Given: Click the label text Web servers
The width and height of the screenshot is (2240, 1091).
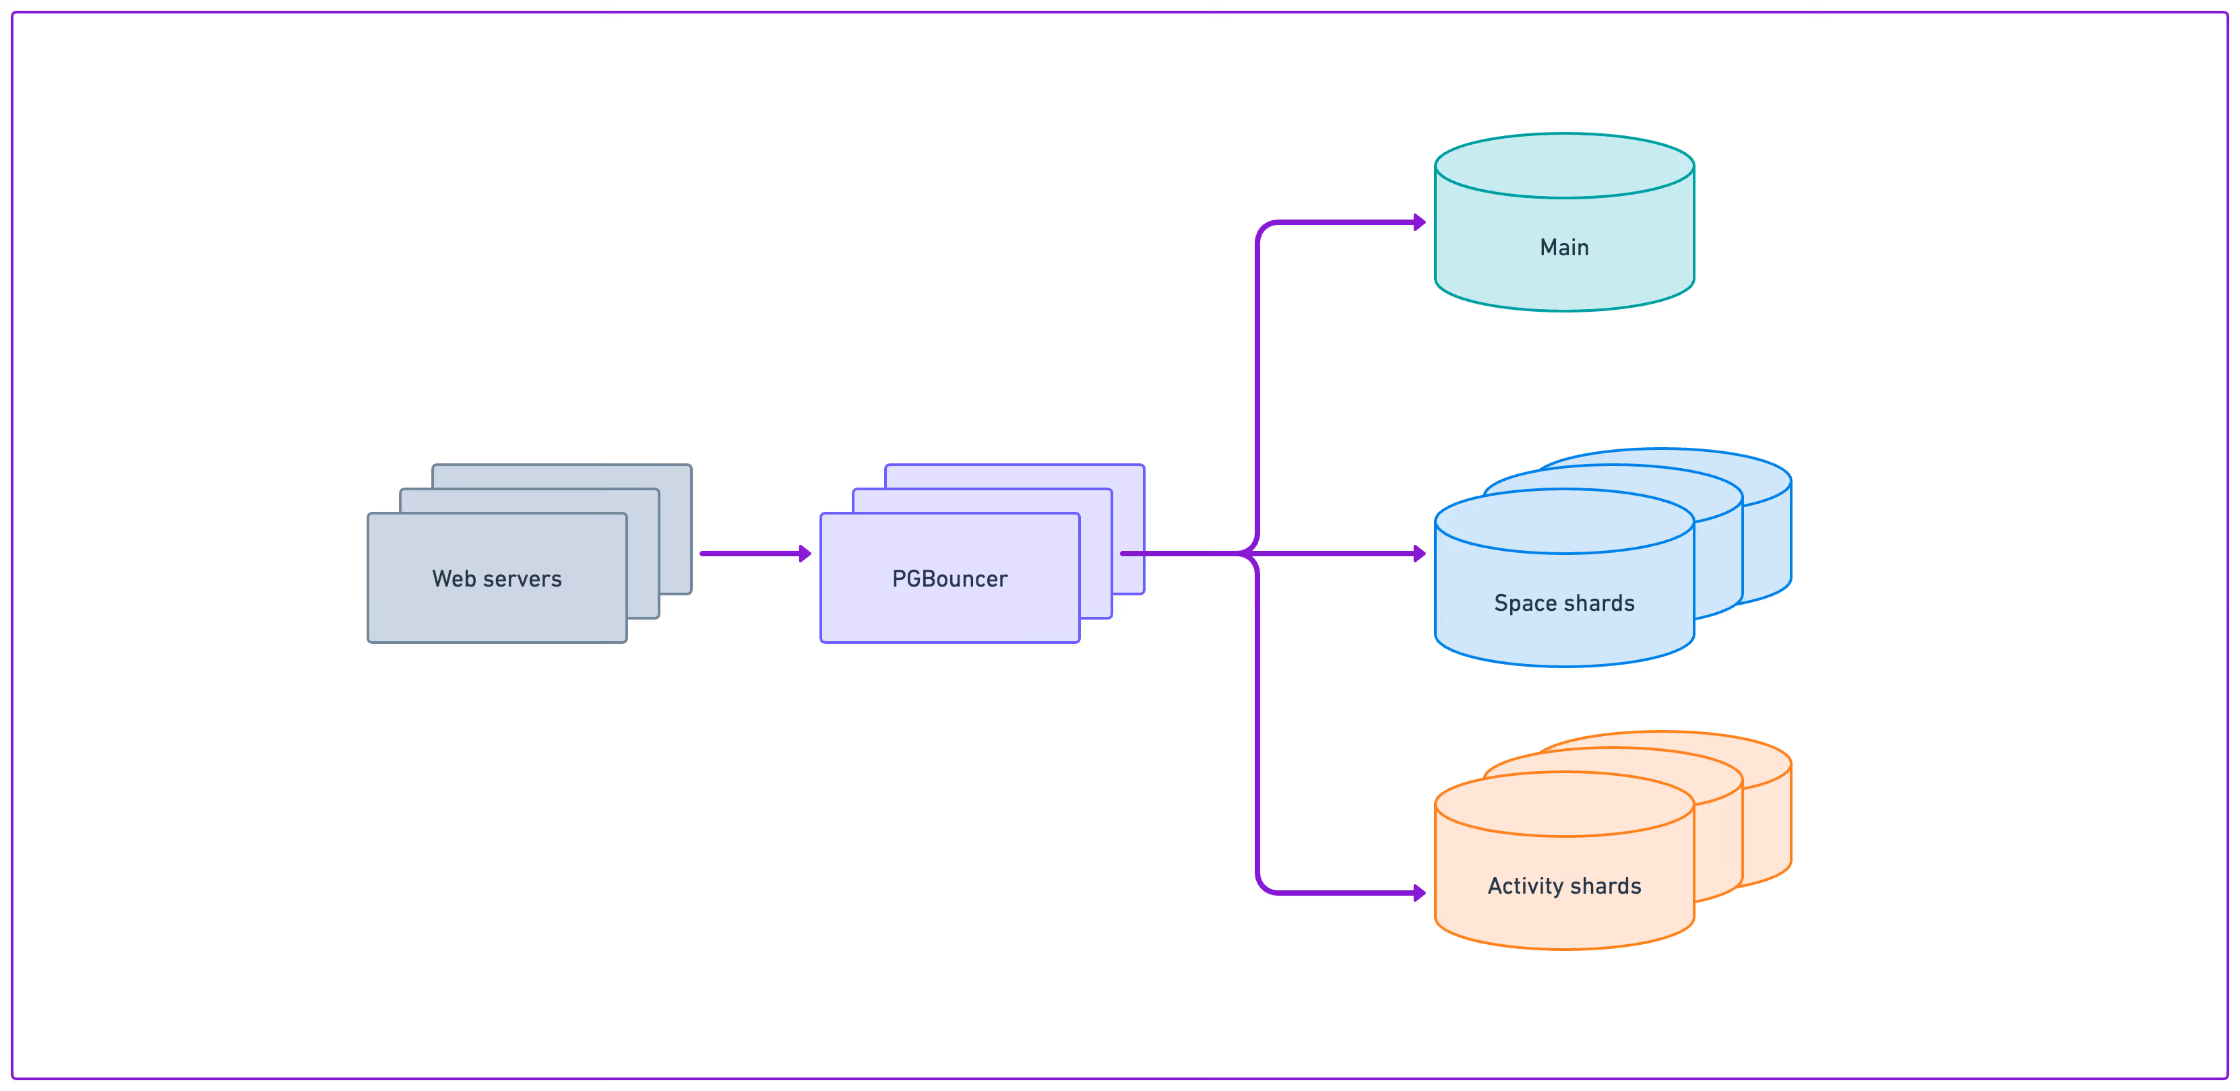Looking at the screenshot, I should (497, 579).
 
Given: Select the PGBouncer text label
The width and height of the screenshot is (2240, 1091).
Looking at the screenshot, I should (950, 579).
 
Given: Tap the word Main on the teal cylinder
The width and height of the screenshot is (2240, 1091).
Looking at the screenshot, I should (1563, 248).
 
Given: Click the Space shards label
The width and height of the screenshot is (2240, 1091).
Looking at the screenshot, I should (1563, 603).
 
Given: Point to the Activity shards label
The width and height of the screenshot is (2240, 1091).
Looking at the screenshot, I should (1563, 886).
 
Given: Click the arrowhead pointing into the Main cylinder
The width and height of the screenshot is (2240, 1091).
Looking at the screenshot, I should (1419, 222).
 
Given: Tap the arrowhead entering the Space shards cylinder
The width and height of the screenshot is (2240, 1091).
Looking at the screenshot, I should (1419, 554).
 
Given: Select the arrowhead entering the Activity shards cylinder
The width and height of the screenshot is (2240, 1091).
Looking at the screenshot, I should (1419, 893).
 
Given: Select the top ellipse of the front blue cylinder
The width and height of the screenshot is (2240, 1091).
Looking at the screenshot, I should (1563, 522).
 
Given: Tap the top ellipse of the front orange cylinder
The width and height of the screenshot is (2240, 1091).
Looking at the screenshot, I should (1563, 804).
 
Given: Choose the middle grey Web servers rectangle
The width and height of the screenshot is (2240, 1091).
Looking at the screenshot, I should (644, 556).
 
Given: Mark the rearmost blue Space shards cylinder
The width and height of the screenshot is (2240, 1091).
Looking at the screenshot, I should (1770, 539).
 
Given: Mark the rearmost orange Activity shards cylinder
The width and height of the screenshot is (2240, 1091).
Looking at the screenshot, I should (1770, 822).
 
